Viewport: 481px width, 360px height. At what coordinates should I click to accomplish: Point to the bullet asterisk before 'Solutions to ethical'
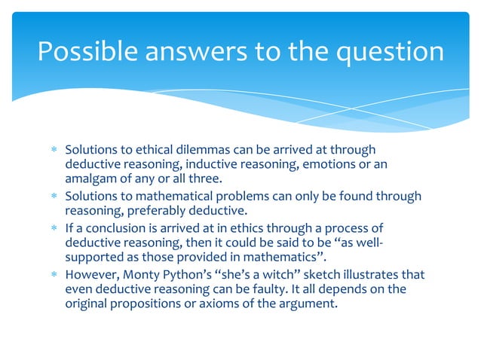coord(54,151)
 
